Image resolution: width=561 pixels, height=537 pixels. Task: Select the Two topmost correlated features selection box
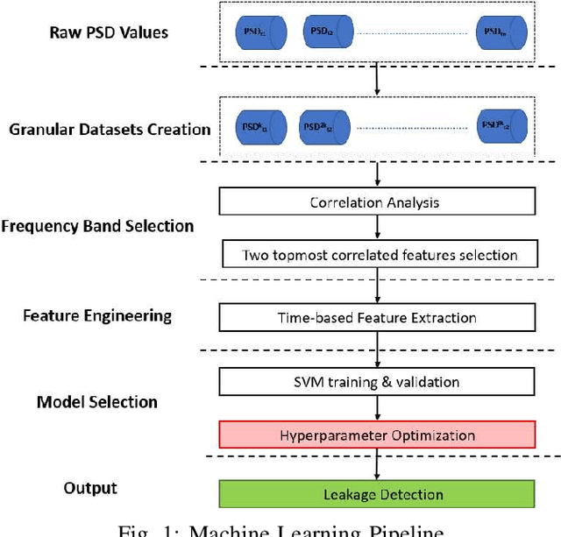click(379, 256)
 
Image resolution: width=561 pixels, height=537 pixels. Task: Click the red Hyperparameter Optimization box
click(377, 435)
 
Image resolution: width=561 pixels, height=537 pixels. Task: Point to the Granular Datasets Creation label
click(110, 130)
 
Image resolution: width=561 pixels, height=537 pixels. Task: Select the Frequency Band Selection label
click(97, 226)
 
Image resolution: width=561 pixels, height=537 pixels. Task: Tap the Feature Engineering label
click(97, 314)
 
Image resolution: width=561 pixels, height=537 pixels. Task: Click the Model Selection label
click(97, 402)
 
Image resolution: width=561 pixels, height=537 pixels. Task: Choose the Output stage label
click(90, 487)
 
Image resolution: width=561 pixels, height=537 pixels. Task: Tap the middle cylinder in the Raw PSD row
click(320, 33)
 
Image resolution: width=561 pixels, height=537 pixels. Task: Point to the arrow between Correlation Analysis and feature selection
click(377, 228)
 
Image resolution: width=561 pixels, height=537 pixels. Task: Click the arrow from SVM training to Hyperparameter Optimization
click(377, 407)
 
